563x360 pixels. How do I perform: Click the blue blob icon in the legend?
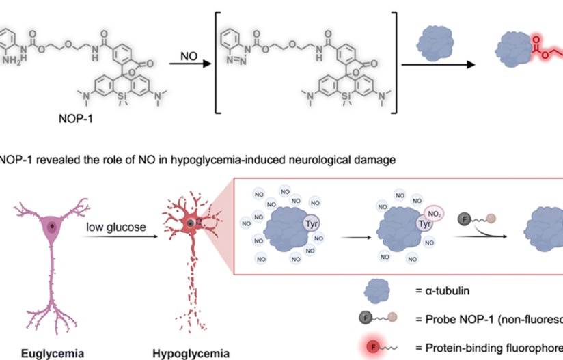(x=379, y=290)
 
